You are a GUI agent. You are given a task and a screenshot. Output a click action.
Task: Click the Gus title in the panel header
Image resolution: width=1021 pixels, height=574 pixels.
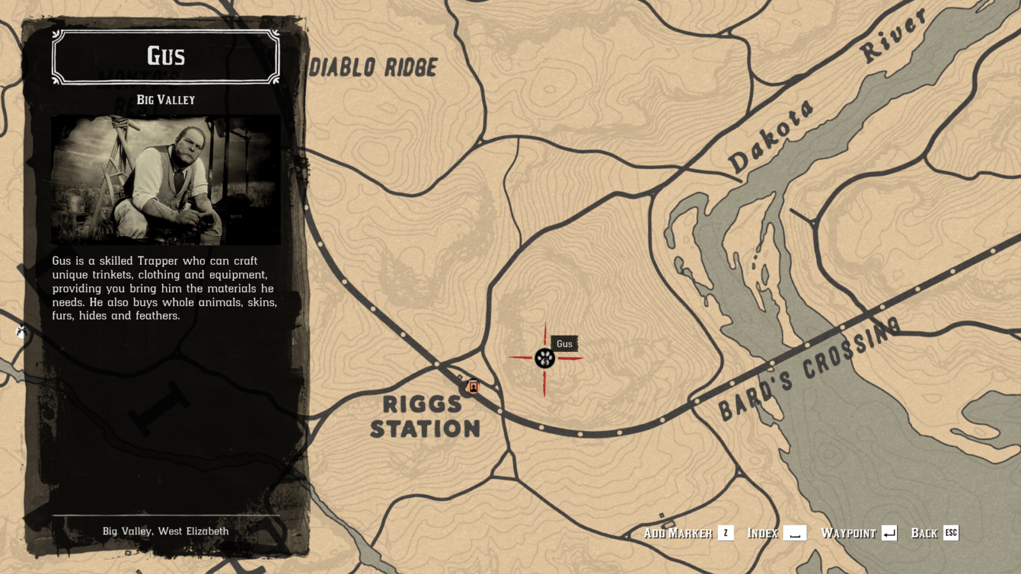(166, 56)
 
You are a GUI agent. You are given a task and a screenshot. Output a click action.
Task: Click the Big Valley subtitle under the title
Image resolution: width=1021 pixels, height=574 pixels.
(166, 99)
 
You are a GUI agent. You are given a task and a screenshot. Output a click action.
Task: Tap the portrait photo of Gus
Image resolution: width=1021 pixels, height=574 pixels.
(166, 180)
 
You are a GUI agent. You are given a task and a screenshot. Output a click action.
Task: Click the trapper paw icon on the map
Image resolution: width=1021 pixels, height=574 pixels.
(544, 358)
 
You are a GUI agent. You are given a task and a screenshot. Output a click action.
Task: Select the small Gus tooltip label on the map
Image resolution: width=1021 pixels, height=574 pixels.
(564, 344)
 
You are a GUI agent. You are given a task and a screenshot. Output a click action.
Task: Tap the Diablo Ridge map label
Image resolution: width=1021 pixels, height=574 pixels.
(373, 68)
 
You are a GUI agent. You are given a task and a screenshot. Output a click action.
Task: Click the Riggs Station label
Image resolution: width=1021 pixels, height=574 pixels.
(424, 416)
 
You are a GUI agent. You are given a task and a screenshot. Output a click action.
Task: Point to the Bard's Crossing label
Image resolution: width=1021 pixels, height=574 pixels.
(809, 369)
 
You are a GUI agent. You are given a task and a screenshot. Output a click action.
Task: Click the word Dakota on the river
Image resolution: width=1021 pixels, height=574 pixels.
(771, 136)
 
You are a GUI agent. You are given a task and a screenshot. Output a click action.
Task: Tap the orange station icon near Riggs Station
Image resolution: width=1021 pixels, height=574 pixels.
(473, 386)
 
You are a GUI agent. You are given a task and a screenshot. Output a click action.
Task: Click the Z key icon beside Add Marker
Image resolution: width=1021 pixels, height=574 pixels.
(726, 533)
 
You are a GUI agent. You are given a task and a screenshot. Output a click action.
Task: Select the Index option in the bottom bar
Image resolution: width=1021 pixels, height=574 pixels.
(763, 533)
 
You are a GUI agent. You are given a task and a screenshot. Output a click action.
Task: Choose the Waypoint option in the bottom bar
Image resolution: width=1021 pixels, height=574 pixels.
(848, 533)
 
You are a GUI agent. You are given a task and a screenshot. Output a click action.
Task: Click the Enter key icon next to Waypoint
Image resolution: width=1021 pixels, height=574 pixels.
(890, 533)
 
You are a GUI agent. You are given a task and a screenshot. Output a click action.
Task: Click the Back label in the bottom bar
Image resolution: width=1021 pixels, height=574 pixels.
(924, 533)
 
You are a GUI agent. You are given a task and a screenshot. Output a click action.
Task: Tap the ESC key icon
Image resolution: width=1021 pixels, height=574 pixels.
(951, 533)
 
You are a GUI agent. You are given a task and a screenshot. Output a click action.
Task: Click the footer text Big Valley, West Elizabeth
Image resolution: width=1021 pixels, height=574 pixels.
(165, 531)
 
